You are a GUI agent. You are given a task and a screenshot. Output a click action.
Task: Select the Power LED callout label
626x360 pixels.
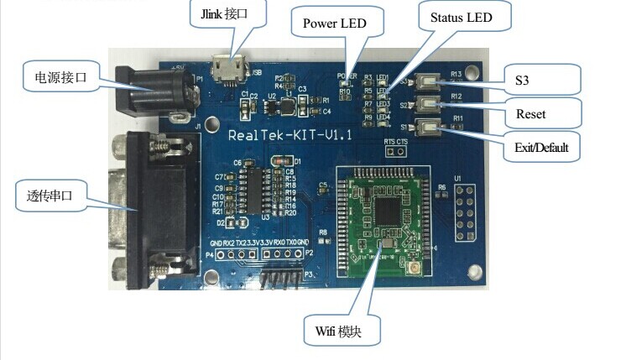[334, 23]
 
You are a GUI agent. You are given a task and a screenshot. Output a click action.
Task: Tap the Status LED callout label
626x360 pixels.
[460, 18]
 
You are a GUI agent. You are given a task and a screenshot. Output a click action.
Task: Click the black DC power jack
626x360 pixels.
[156, 90]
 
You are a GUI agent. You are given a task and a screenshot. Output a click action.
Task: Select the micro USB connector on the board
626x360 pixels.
[226, 70]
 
